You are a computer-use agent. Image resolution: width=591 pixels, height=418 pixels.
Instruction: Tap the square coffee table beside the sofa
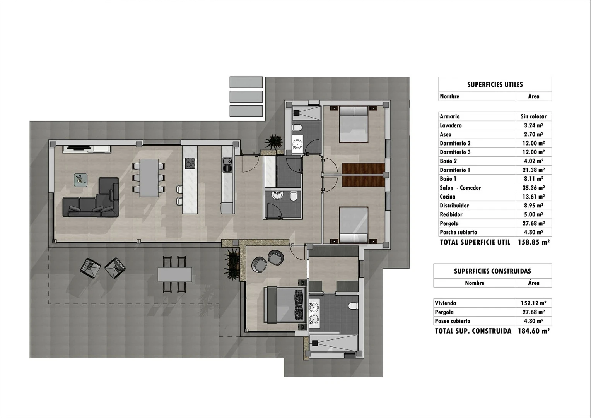pos(80,180)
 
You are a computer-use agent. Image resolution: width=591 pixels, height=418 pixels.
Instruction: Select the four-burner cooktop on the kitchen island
pos(190,163)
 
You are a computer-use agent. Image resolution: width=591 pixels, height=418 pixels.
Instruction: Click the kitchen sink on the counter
pos(227,164)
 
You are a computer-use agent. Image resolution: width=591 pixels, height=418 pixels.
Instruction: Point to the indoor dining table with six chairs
pos(149,178)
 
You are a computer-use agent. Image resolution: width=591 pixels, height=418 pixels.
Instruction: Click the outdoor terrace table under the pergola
pos(175,275)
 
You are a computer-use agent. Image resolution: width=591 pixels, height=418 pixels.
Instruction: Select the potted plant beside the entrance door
pos(274,141)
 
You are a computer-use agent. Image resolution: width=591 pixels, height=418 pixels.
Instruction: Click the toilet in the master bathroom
pos(353,306)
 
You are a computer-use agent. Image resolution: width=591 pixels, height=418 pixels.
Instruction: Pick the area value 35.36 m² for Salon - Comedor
pos(533,188)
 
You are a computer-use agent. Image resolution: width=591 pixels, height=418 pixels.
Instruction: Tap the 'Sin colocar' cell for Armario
pos(533,116)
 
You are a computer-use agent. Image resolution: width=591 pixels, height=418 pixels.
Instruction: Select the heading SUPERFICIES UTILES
pos(495,84)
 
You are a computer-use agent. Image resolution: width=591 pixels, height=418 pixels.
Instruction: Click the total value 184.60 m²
pos(533,331)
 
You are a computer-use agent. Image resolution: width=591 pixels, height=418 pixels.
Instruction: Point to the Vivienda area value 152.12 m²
pos(533,303)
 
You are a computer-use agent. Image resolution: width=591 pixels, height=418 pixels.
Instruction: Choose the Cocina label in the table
pos(448,197)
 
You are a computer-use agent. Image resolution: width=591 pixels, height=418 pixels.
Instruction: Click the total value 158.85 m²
pos(533,242)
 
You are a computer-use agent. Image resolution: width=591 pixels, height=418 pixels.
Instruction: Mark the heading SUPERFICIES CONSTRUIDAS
pos(492,271)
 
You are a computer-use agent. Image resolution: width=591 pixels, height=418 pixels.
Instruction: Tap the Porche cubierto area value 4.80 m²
pos(533,232)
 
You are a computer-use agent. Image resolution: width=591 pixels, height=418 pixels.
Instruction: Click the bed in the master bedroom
pos(284,305)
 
